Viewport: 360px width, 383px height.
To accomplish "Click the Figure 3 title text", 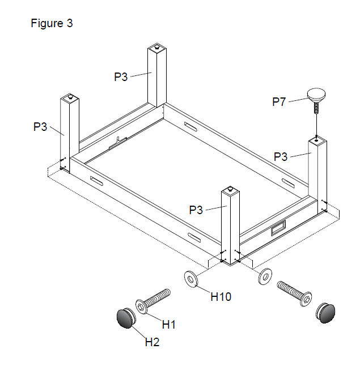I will [x=51, y=24].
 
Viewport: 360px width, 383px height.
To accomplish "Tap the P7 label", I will [x=279, y=102].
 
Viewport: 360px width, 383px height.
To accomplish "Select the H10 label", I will [x=221, y=296].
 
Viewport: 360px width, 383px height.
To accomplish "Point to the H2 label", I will [x=153, y=342].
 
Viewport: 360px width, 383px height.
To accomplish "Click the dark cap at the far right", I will [x=325, y=312].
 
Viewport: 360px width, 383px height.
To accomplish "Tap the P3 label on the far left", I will [x=40, y=127].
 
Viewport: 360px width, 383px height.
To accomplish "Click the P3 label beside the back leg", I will [x=121, y=77].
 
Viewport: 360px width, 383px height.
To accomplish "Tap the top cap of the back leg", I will [x=156, y=46].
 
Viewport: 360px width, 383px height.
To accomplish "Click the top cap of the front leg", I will [x=230, y=189].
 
